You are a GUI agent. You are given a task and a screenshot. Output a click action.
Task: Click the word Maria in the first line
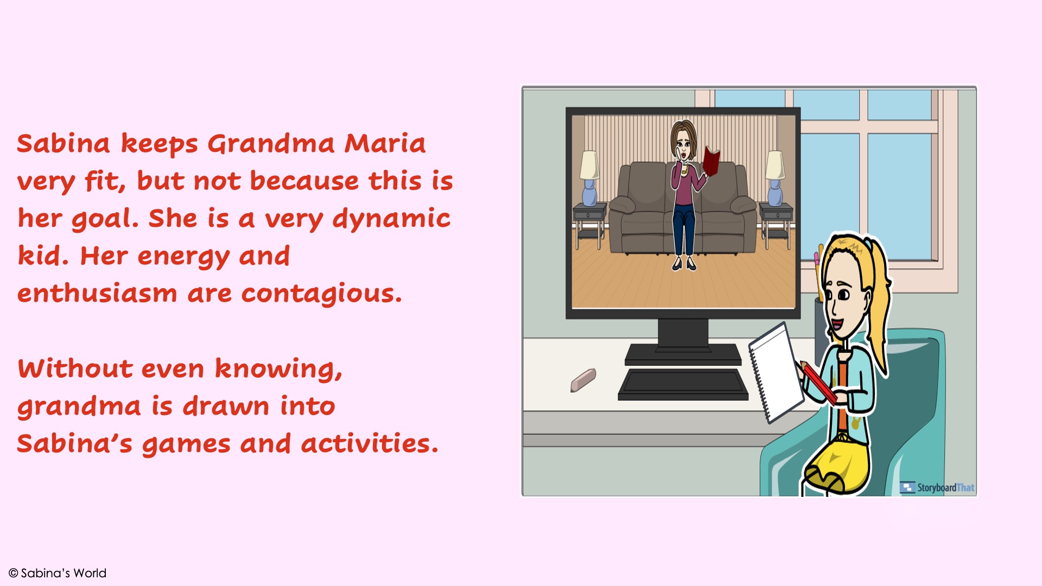coord(385,144)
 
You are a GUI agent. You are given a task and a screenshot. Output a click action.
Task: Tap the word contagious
coord(322,294)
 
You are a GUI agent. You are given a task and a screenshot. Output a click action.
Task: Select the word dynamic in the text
coord(391,219)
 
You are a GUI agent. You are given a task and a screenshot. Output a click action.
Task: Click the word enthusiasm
coord(97,294)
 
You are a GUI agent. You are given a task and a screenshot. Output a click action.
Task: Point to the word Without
coord(75,368)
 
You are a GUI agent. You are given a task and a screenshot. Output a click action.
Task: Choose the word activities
coord(369,443)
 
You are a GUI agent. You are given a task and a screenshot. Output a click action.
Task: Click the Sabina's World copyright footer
coord(58,573)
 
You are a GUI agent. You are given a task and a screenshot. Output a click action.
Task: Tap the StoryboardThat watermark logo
coord(937,487)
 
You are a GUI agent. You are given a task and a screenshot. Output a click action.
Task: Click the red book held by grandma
coord(711,161)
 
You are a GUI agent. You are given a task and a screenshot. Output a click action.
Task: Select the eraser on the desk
coord(583,380)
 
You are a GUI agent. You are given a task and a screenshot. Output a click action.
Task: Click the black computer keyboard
coord(683,385)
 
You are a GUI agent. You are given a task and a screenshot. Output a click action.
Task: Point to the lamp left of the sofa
coord(589,177)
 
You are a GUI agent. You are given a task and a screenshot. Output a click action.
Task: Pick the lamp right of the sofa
coord(775,177)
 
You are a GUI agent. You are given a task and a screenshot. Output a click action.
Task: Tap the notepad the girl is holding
coord(776,372)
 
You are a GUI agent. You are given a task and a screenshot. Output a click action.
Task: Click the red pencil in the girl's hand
coord(818,383)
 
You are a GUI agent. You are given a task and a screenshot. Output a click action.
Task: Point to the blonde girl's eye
coord(844,295)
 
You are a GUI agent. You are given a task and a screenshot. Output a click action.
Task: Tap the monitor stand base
coord(683,354)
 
